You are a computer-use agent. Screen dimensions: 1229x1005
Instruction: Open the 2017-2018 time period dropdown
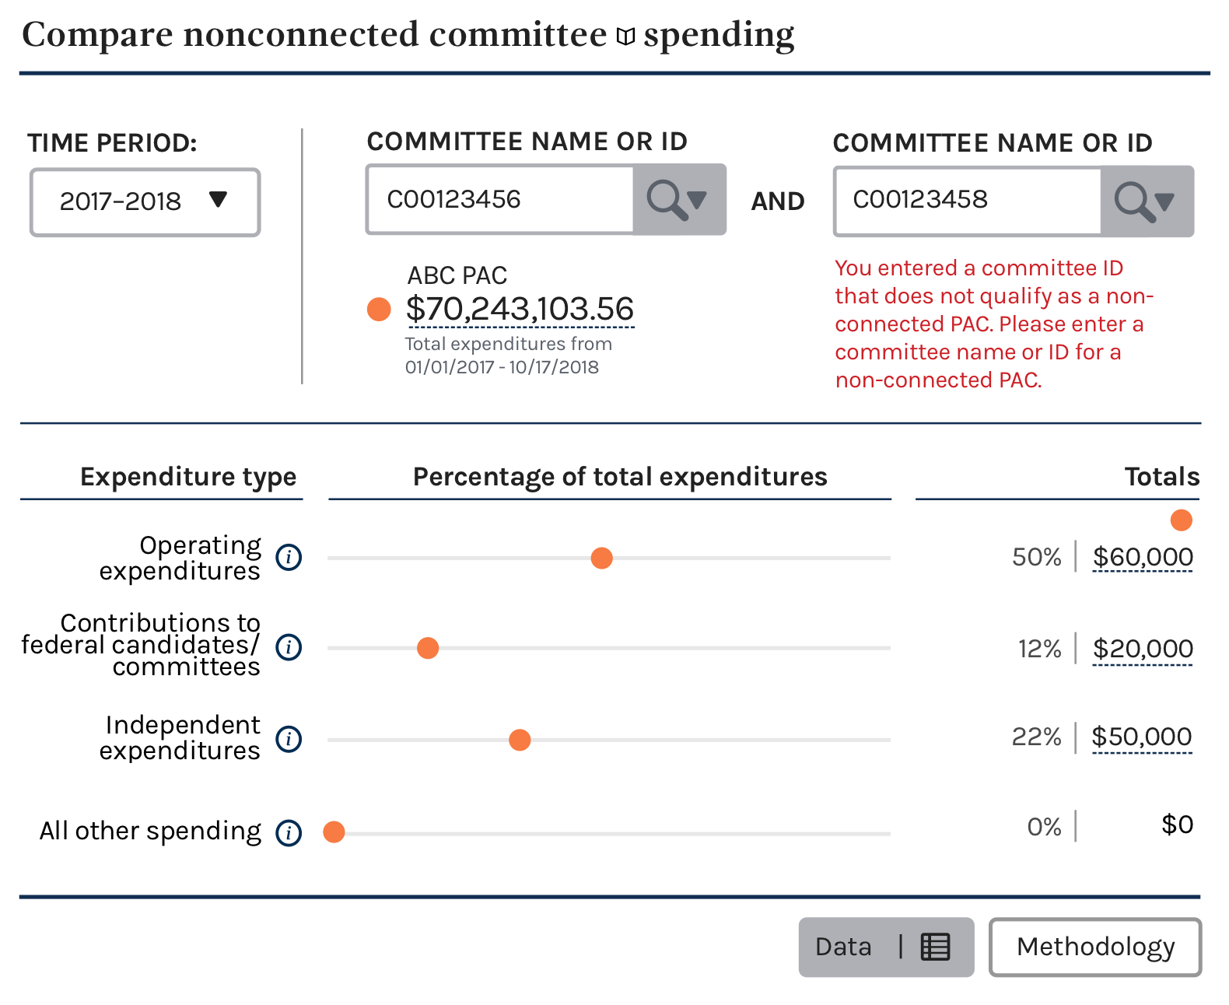(145, 202)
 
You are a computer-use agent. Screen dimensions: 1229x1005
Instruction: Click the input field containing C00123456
(500, 199)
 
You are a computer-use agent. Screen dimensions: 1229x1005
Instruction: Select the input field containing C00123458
(968, 201)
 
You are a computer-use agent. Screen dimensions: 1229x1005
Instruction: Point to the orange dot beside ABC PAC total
(379, 310)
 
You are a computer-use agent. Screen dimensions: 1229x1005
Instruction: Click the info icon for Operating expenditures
(289, 557)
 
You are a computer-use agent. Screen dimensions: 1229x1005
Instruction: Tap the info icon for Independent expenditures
(289, 739)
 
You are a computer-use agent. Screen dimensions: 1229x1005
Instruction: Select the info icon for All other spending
(289, 832)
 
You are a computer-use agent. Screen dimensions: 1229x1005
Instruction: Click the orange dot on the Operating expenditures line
(601, 558)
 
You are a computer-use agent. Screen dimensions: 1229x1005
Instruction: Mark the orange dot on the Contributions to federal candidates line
(428, 648)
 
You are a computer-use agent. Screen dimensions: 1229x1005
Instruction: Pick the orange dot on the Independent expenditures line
(520, 740)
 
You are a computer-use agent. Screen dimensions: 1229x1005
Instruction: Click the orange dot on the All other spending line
(334, 832)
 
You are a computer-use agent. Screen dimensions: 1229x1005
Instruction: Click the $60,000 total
(1142, 556)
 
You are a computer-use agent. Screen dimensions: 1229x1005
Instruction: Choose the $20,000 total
(1142, 648)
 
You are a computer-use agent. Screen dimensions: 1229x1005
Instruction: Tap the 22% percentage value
(1036, 737)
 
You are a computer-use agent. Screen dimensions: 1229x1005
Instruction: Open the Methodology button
(1095, 947)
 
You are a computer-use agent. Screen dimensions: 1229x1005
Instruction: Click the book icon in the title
(625, 37)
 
